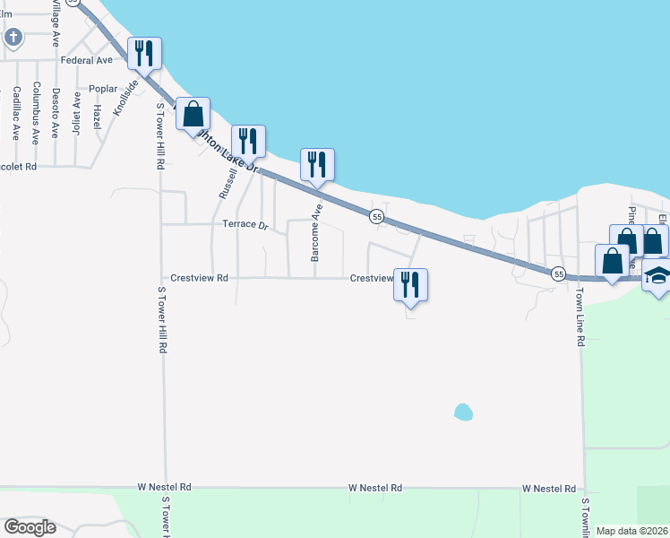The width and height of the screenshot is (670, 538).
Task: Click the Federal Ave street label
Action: point(87,60)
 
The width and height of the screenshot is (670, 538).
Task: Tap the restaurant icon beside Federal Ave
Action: point(143,54)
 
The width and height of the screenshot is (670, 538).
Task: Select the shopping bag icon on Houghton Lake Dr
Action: point(193,114)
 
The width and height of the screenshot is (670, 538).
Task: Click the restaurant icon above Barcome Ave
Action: point(316,165)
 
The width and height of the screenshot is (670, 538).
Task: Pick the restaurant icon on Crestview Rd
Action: point(410,285)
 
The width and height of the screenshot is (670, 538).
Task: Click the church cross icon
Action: point(13,37)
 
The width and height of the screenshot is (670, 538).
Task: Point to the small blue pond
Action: point(462,412)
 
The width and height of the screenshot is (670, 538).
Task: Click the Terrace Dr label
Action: point(245,225)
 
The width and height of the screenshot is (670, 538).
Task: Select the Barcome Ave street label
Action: point(315,232)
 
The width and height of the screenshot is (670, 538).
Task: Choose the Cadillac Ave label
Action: point(16,114)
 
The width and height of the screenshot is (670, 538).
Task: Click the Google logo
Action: point(30,527)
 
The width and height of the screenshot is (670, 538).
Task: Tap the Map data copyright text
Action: point(631,531)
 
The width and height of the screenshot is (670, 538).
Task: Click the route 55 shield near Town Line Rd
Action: point(558,273)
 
